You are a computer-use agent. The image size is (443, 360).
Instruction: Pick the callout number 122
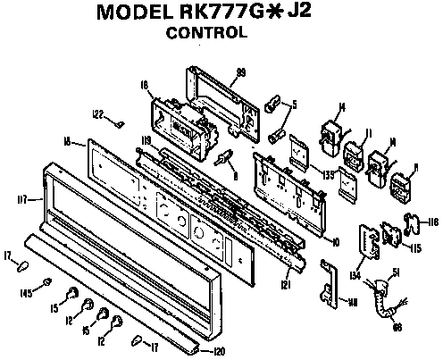(x=99, y=113)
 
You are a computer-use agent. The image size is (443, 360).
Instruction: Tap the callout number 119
(x=146, y=140)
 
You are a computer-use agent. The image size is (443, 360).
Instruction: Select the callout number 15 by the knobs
(x=54, y=308)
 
